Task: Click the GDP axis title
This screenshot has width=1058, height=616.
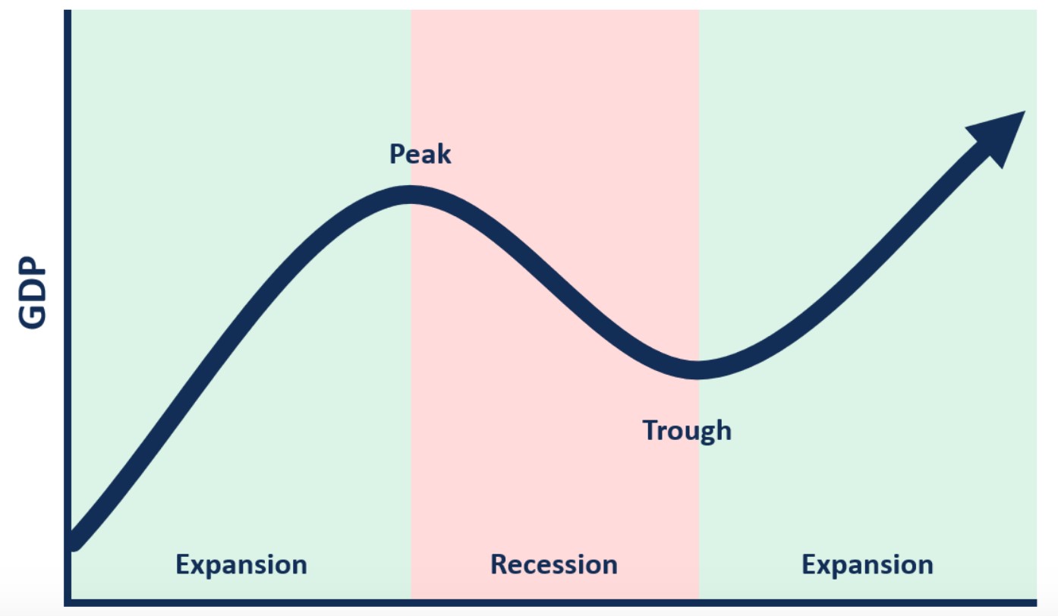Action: [x=32, y=292]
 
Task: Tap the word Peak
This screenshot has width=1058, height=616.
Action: [x=420, y=154]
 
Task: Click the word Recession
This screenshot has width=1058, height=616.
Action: [x=554, y=564]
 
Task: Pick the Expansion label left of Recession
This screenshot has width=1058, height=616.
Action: [x=241, y=565]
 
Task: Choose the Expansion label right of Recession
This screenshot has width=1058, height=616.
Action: [x=867, y=565]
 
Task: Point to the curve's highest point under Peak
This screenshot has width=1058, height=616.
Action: [x=410, y=194]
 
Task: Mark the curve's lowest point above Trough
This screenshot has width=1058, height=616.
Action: [x=697, y=370]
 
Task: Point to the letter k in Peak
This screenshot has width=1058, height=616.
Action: [x=444, y=154]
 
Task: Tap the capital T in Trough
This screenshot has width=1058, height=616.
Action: [x=650, y=430]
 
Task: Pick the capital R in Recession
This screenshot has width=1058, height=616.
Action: [x=499, y=564]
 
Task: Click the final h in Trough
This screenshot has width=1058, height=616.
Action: [x=723, y=429]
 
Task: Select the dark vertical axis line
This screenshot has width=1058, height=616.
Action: [x=68, y=306]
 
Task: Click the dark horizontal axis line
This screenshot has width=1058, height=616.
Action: [x=550, y=603]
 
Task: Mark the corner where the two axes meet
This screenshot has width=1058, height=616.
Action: [x=68, y=603]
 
